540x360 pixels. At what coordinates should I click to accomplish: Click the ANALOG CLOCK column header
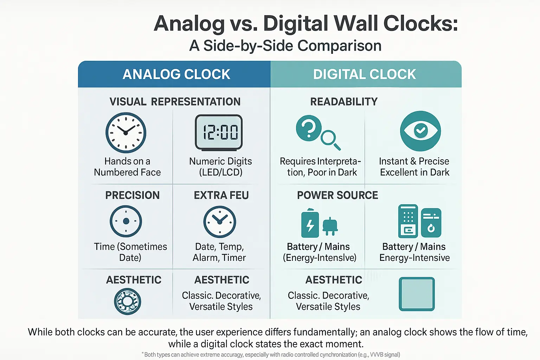pyautogui.click(x=176, y=75)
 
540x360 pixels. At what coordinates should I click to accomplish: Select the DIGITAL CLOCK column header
pyautogui.click(x=365, y=75)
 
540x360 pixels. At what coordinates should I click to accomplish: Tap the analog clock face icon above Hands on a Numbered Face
pyautogui.click(x=126, y=133)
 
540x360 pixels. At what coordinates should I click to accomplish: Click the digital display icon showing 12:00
pyautogui.click(x=219, y=133)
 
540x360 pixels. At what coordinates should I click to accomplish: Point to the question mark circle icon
pyautogui.click(x=309, y=128)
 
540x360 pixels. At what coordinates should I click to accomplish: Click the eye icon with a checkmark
pyautogui.click(x=420, y=131)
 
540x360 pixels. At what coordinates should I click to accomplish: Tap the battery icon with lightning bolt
pyautogui.click(x=310, y=224)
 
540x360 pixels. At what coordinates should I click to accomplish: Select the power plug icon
pyautogui.click(x=330, y=226)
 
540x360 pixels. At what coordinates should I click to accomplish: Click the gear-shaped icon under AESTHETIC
pyautogui.click(x=128, y=301)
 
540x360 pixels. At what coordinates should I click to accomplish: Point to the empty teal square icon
pyautogui.click(x=417, y=294)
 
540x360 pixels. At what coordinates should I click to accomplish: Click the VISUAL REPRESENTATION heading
pyautogui.click(x=175, y=102)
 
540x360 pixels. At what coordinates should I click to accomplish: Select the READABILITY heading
pyautogui.click(x=344, y=102)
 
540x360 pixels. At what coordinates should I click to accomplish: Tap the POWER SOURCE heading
pyautogui.click(x=337, y=195)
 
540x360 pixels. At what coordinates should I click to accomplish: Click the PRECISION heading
pyautogui.click(x=133, y=195)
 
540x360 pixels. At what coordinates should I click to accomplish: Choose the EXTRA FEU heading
pyautogui.click(x=221, y=195)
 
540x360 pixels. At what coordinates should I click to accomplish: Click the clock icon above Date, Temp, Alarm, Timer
pyautogui.click(x=220, y=222)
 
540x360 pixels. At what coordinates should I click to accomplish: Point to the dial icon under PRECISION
pyautogui.click(x=126, y=221)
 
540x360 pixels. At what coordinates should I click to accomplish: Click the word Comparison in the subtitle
pyautogui.click(x=339, y=46)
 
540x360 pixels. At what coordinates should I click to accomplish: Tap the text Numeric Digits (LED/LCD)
pyautogui.click(x=220, y=167)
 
